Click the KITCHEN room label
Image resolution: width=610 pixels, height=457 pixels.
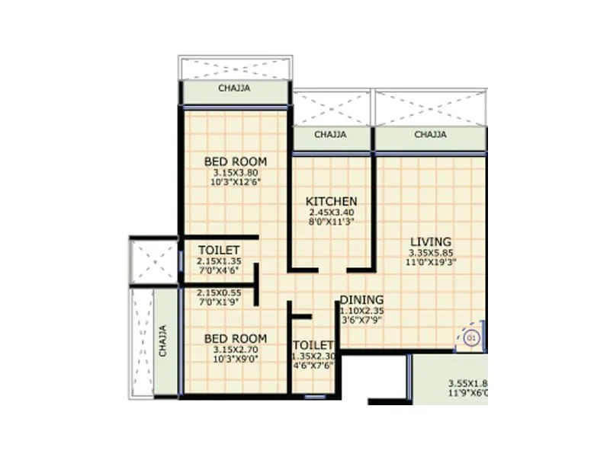click(x=331, y=201)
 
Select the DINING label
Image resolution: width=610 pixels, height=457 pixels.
click(x=361, y=299)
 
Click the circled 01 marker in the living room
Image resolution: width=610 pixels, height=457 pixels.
click(x=471, y=336)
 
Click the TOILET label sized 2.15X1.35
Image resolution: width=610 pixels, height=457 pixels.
click(x=220, y=251)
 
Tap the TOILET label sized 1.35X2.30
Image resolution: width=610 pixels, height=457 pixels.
click(x=313, y=345)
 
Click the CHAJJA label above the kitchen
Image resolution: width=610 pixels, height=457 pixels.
click(x=331, y=135)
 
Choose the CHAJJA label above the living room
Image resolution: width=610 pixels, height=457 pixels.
click(x=430, y=135)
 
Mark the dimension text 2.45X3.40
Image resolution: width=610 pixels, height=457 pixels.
click(x=331, y=213)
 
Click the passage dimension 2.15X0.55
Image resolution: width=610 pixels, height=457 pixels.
click(x=220, y=292)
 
